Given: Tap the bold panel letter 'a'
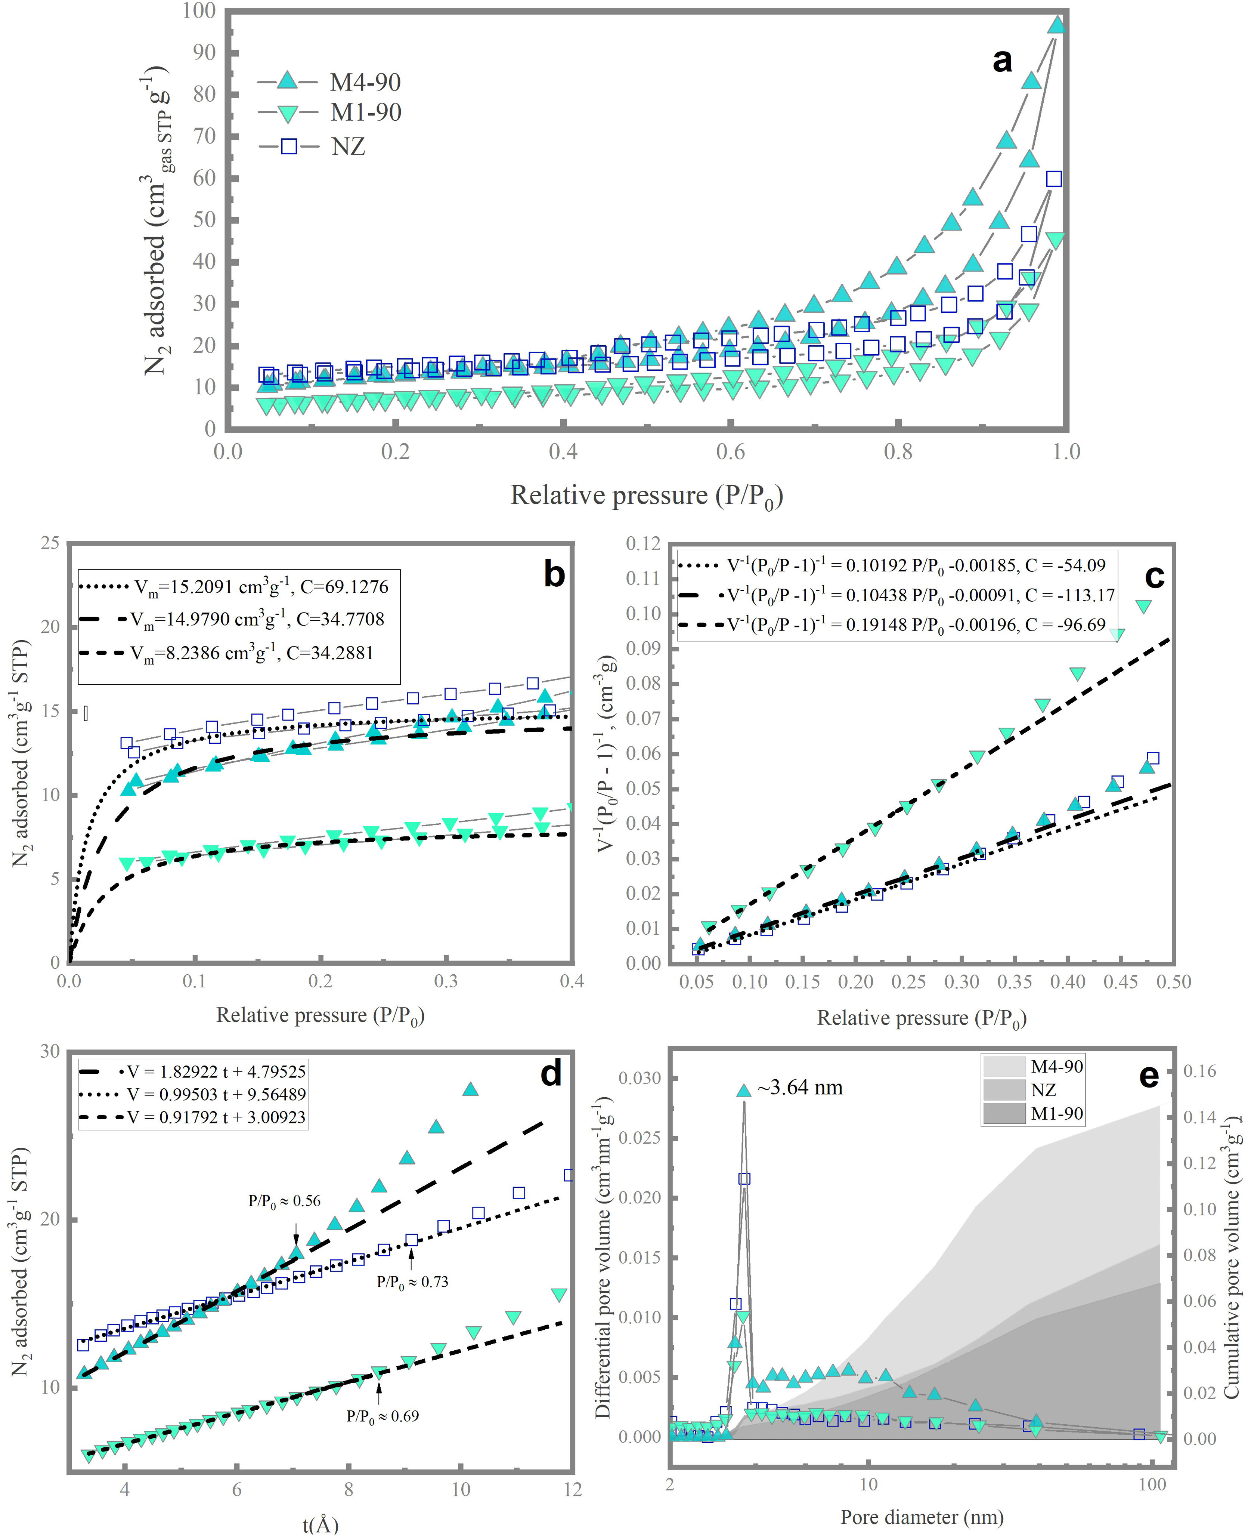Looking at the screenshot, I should pos(1002,61).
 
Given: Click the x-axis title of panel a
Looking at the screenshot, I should pos(646,496).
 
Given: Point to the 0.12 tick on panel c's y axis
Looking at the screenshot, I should pos(643,544).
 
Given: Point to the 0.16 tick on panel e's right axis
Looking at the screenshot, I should pos(1200,1071).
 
